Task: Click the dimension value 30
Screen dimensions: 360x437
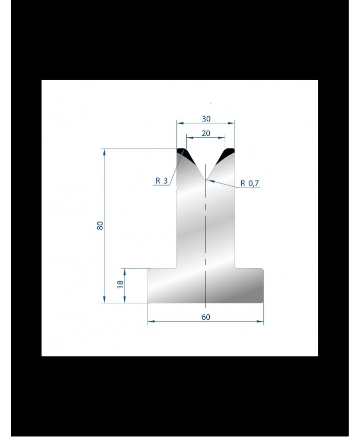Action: tap(206, 119)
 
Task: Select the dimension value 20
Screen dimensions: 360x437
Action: tap(206, 134)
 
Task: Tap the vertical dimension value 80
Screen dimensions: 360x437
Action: tap(100, 225)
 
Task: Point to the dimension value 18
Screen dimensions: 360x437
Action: tap(120, 284)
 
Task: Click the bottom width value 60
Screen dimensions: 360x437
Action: tap(206, 317)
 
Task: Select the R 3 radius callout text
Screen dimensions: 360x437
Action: tap(161, 181)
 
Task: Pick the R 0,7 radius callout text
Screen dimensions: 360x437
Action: tap(249, 184)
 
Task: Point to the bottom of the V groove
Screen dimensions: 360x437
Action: tap(206, 179)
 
